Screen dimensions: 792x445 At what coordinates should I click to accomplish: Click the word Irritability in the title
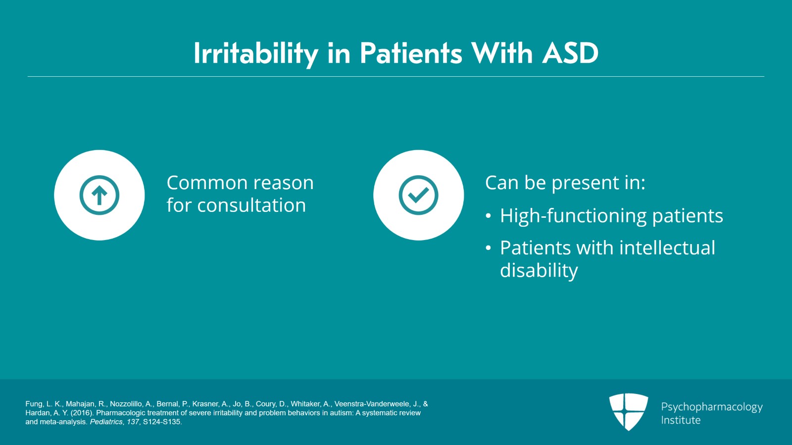255,54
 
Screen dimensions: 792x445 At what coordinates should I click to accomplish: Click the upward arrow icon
99,195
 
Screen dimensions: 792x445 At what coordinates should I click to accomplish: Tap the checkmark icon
419,195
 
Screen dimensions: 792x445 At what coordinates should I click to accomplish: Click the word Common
207,183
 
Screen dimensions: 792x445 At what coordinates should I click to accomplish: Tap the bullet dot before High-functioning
488,216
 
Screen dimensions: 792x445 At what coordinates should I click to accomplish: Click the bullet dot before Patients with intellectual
488,248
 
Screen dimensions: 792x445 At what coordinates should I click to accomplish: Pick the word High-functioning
573,216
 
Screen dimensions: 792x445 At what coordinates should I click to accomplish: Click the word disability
539,270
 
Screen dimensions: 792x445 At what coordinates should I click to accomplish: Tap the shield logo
629,412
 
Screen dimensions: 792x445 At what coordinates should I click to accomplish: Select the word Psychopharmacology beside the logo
712,407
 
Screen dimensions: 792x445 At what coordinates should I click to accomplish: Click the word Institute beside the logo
681,420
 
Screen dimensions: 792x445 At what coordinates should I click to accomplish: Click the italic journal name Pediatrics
106,422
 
